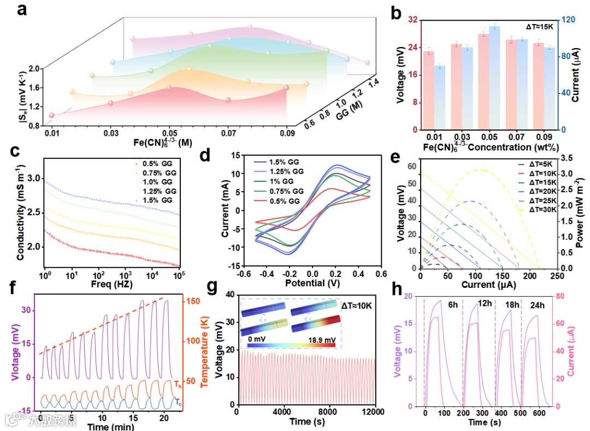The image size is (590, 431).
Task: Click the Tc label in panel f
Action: [x=178, y=402]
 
